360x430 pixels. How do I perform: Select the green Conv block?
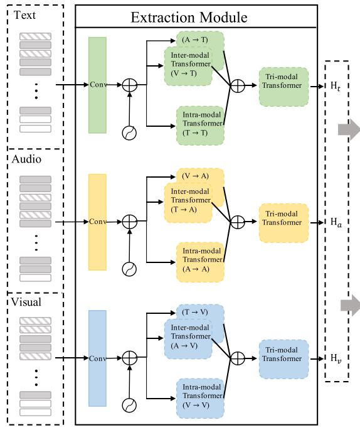(x=97, y=85)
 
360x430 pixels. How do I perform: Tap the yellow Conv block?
(x=97, y=222)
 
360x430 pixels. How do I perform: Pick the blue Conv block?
(x=97, y=358)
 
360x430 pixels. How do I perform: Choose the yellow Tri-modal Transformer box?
(x=283, y=223)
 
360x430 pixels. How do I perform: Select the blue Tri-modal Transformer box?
(x=283, y=359)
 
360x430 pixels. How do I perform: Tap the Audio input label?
(x=26, y=159)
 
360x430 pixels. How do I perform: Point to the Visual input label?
(x=26, y=302)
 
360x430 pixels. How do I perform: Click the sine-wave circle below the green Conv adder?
(x=129, y=132)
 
